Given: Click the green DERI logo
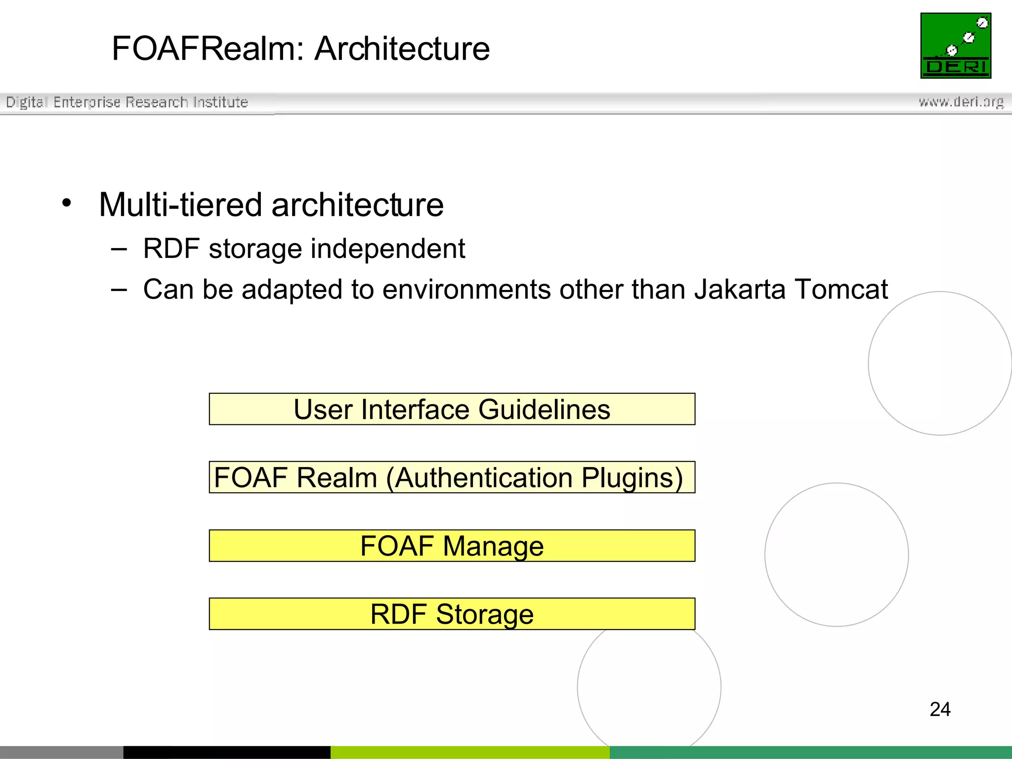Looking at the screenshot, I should [955, 45].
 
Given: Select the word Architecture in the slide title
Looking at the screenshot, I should [402, 49].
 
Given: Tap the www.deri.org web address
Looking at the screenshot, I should [961, 102].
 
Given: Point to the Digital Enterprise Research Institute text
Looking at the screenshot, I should [127, 102].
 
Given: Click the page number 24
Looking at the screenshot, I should [940, 709].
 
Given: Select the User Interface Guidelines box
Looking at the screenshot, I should [452, 409].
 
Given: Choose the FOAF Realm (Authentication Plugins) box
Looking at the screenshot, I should [452, 477].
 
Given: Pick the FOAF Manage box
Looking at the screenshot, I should [452, 546].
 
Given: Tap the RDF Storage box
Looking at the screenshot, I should [452, 614].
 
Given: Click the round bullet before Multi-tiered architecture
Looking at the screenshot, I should [67, 203].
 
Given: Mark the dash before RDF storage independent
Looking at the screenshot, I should [119, 249].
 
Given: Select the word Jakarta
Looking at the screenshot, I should [740, 290].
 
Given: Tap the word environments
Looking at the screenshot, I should [466, 290].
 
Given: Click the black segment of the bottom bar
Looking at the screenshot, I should [227, 752].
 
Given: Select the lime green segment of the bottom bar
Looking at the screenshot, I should [470, 752].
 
